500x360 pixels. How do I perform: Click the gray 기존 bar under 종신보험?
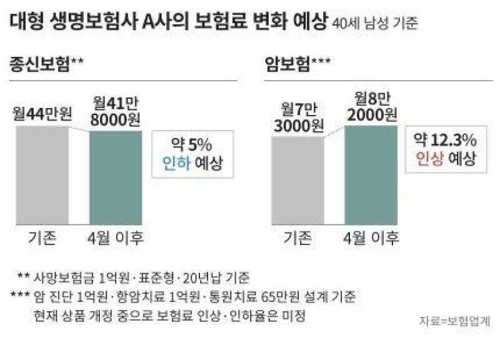click(42, 176)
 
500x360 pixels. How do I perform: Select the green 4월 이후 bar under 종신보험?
click(116, 178)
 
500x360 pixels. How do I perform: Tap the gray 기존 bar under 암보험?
click(298, 181)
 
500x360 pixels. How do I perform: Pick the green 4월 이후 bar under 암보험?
click(371, 175)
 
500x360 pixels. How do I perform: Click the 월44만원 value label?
click(42, 114)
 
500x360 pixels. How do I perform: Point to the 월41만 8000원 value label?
click(115, 112)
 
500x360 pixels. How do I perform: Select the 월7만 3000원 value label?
click(299, 117)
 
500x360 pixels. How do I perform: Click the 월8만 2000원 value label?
click(372, 107)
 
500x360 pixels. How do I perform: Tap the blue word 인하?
click(176, 163)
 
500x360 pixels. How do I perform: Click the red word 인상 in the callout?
click(429, 159)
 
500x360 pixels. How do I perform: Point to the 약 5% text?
click(192, 145)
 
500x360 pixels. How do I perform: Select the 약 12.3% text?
click(445, 140)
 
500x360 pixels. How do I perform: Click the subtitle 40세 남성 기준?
click(375, 24)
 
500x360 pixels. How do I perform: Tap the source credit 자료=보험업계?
click(455, 321)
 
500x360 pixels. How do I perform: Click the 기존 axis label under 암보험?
click(297, 238)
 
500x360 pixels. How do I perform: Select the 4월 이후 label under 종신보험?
click(116, 238)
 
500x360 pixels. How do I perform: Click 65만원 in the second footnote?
click(280, 297)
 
